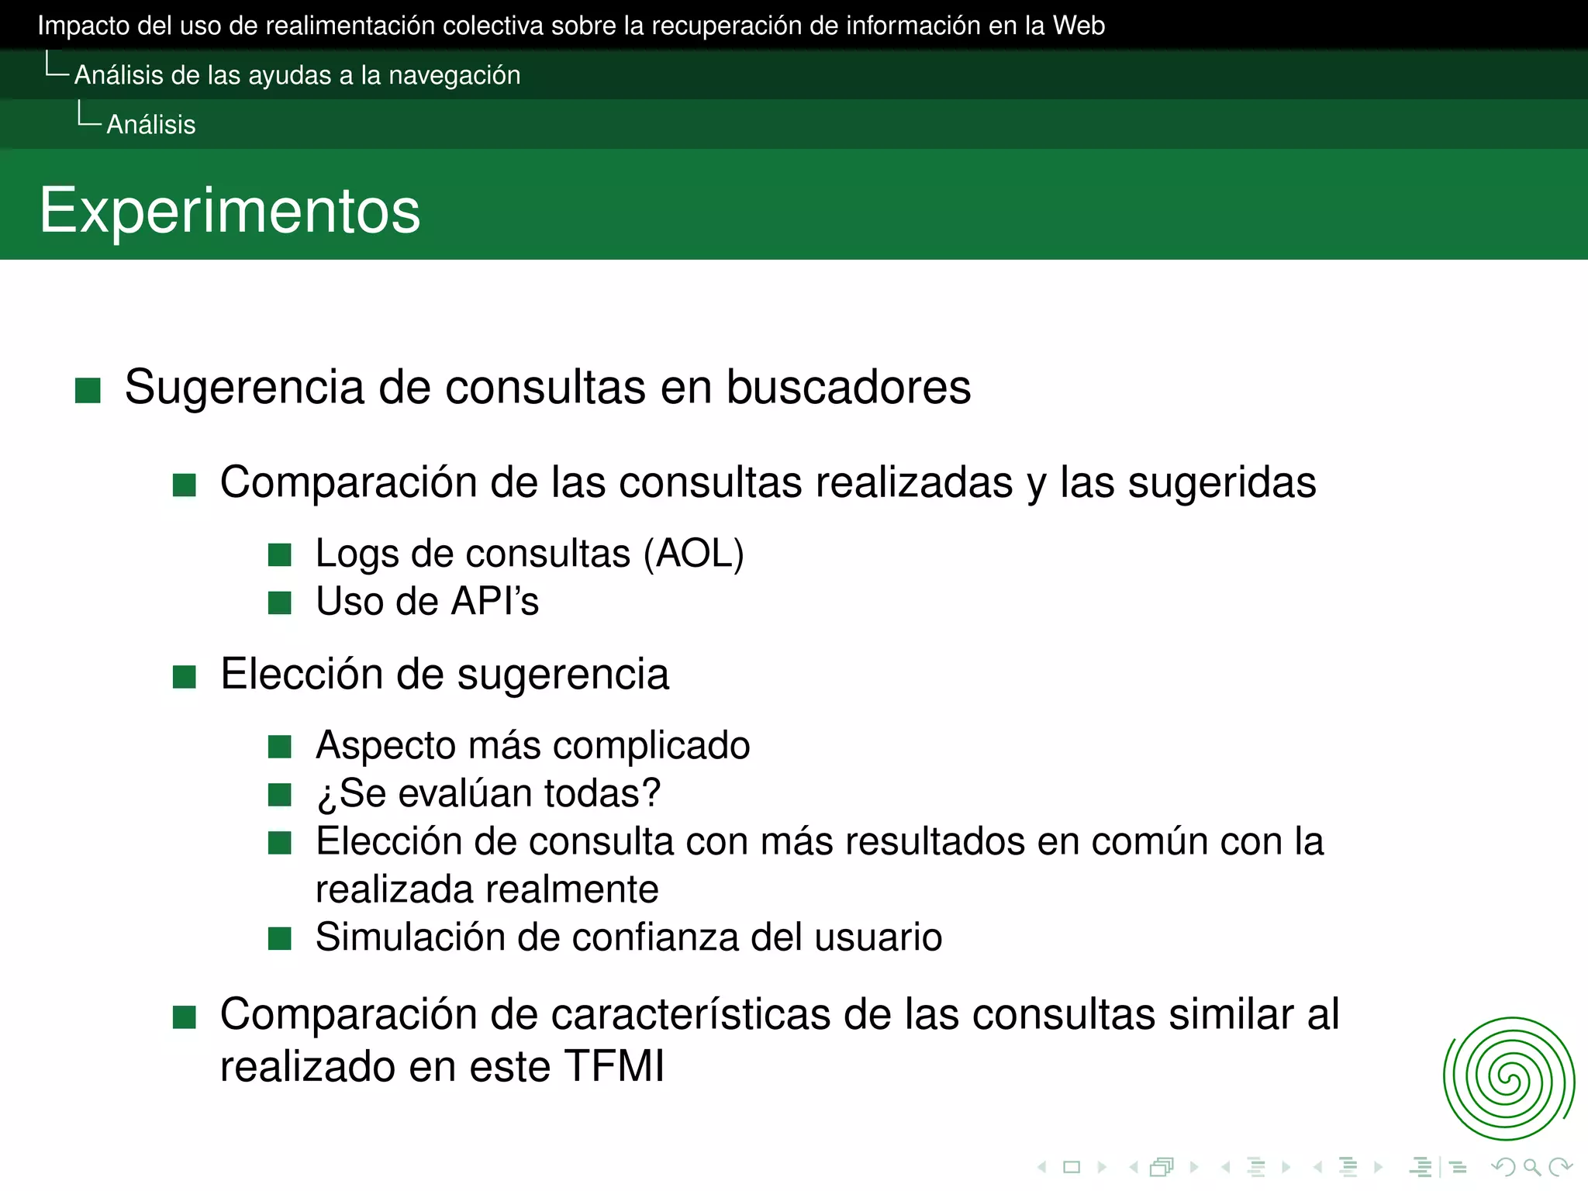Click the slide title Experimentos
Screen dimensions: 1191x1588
click(230, 211)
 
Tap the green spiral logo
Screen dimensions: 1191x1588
click(1508, 1079)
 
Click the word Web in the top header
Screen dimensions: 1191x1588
click(1079, 26)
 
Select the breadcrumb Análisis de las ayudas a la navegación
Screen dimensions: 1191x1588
click(297, 75)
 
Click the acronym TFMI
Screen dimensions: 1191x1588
click(614, 1066)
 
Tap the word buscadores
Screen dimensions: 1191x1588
click(848, 387)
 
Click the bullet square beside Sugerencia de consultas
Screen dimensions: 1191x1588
click(88, 391)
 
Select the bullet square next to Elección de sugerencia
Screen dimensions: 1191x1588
click(185, 677)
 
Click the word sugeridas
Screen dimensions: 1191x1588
click(1222, 483)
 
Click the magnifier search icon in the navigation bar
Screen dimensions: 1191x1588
click(1531, 1167)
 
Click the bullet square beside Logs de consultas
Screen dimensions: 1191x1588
click(280, 555)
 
